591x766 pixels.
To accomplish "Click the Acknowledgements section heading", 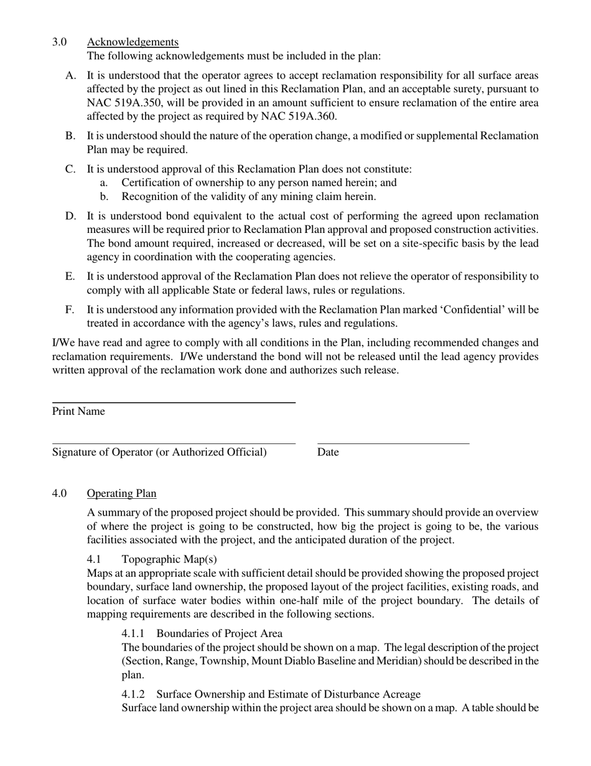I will click(133, 42).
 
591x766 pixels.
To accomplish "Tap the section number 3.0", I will click(60, 42).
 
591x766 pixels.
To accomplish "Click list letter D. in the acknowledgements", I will click(70, 216).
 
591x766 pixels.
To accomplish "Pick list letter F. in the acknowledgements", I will click(70, 310).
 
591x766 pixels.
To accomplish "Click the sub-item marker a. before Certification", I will click(104, 182).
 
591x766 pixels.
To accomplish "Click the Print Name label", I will click(78, 412).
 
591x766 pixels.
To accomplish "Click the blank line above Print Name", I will click(173, 403).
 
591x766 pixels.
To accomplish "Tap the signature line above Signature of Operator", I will click(173, 443).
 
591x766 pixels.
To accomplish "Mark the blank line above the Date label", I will click(393, 443).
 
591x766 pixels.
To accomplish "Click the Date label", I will click(328, 452).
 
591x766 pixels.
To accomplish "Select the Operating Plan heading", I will click(121, 493).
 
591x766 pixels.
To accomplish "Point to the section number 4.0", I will click(60, 493).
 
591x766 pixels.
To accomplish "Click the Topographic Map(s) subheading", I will click(169, 559).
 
